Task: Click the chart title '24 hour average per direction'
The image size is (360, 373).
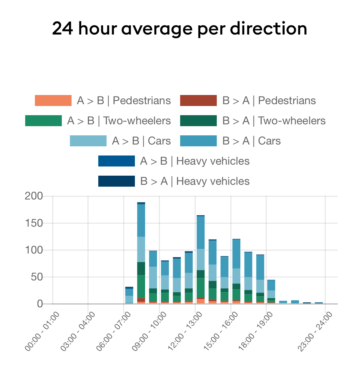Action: [180, 29]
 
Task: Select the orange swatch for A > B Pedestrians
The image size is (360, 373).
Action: [53, 101]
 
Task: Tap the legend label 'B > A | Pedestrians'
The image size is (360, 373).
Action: [269, 101]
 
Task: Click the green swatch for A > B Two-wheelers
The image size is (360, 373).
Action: [43, 121]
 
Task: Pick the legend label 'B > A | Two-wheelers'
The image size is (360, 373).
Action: [274, 121]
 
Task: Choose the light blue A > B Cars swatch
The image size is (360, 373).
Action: [88, 141]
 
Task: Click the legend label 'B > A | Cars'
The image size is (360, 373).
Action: [251, 141]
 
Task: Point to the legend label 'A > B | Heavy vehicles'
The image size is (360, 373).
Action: [195, 161]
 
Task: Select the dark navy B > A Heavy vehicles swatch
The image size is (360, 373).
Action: [116, 181]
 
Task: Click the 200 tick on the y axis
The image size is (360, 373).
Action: [34, 196]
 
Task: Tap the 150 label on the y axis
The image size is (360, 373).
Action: [34, 223]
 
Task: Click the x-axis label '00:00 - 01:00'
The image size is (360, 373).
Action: [43, 331]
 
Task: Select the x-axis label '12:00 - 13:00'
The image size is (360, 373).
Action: [185, 331]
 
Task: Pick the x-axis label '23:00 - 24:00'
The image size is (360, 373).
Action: [315, 331]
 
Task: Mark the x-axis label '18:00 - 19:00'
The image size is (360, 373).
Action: [256, 331]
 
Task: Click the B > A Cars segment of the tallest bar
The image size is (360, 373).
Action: [141, 220]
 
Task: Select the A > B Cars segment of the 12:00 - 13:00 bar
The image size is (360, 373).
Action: [201, 259]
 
